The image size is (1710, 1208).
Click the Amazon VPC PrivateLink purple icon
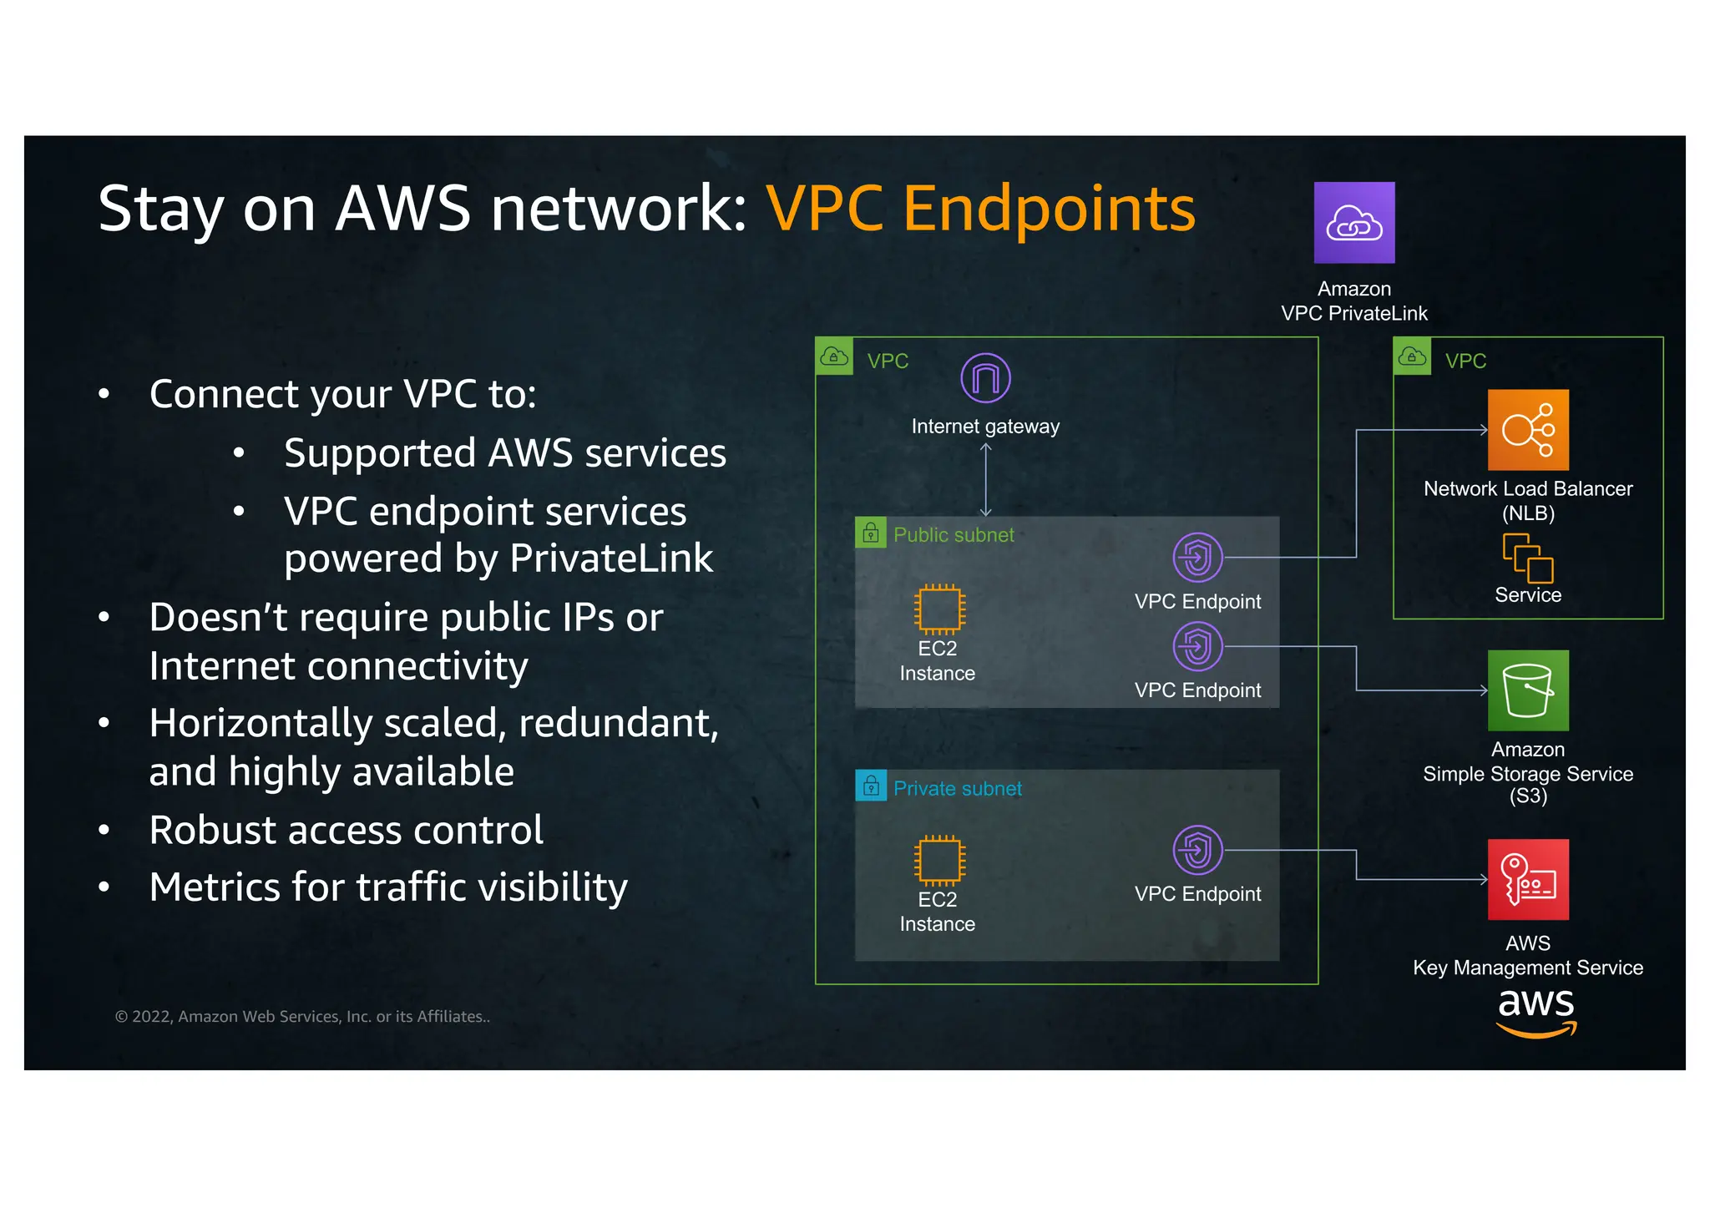pos(1353,222)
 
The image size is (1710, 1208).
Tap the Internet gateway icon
pos(985,378)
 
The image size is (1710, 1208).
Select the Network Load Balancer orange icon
pos(1527,430)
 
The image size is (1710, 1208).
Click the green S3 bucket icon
pos(1527,690)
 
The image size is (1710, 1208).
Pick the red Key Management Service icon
pos(1527,879)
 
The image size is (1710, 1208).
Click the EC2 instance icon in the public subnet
pos(939,609)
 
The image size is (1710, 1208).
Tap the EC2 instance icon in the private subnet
pos(939,861)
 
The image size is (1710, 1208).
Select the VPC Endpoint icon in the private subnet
pos(1197,850)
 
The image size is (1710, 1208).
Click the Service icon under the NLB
pos(1527,558)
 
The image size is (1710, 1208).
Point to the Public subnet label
pos(954,535)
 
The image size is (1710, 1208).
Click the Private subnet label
pos(957,789)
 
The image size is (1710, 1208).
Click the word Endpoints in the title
pos(1049,209)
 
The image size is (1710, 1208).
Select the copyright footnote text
pos(302,1017)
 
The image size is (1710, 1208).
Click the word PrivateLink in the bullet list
pos(611,559)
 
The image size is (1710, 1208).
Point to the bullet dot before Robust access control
pos(104,831)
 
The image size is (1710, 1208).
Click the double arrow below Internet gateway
pos(985,479)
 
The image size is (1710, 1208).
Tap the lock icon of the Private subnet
pos(871,786)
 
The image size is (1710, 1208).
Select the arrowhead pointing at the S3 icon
pos(1484,690)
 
